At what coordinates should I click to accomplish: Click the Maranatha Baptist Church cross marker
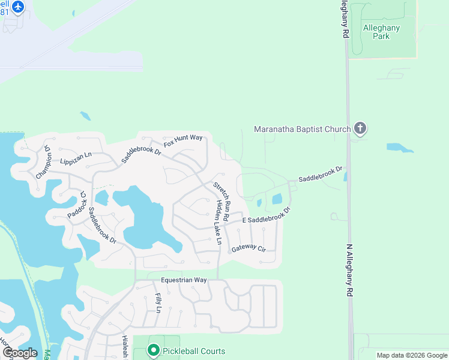click(x=360, y=128)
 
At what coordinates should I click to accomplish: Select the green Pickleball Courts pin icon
click(x=153, y=350)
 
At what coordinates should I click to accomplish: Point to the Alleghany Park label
click(x=381, y=32)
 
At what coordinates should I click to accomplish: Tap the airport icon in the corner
click(x=18, y=7)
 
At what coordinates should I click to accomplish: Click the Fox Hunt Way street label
click(x=184, y=141)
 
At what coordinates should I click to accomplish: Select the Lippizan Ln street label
click(x=76, y=158)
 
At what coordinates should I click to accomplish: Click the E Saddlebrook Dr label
click(x=266, y=217)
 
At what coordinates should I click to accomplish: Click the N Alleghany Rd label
click(x=349, y=269)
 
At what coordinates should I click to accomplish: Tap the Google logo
click(x=20, y=352)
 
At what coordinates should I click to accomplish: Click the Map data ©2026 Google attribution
click(x=412, y=355)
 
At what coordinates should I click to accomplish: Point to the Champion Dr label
click(x=44, y=162)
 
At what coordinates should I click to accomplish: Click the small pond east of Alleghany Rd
click(x=399, y=147)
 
